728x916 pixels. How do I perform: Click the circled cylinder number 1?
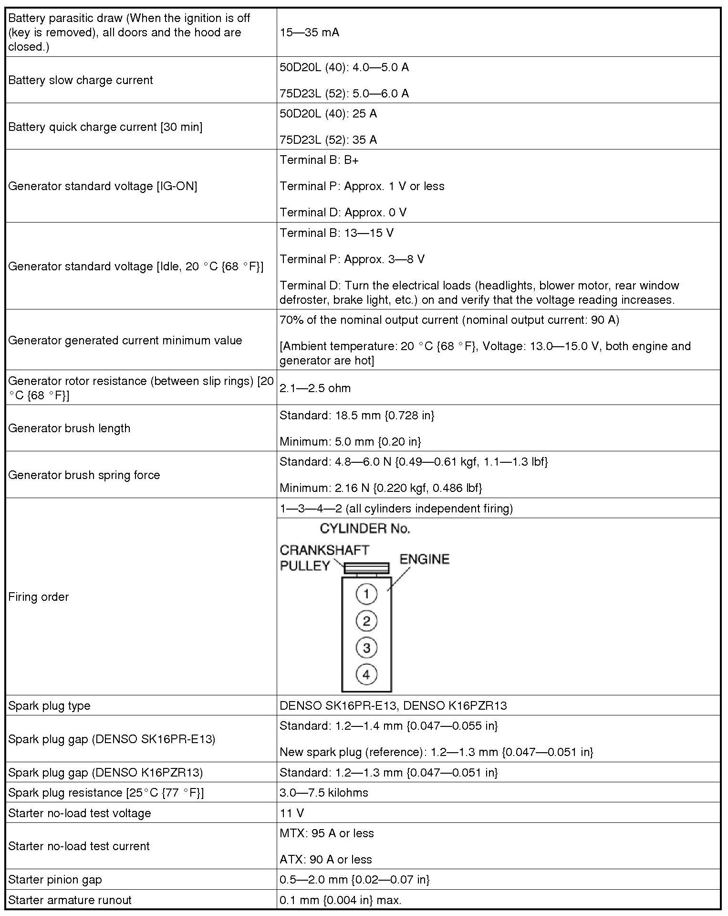(366, 594)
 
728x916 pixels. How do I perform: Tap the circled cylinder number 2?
(366, 621)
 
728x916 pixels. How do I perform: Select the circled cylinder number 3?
(366, 648)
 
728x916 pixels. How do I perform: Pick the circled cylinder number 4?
(366, 674)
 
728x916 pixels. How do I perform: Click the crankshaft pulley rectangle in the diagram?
(366, 568)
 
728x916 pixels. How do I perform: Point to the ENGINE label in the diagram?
(424, 559)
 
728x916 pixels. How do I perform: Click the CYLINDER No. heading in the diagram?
(364, 529)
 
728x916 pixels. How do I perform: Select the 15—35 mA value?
(309, 32)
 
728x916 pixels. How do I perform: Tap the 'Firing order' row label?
(38, 597)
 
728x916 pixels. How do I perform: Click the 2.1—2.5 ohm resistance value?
(315, 388)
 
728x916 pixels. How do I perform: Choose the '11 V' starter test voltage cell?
(291, 813)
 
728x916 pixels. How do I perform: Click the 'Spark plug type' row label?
(49, 705)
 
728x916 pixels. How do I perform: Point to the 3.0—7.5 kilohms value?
(323, 793)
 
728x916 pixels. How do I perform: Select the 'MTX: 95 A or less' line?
(326, 833)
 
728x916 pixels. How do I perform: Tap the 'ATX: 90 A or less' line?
(325, 859)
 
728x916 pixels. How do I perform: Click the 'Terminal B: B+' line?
(319, 160)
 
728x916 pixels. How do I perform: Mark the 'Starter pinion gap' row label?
(55, 879)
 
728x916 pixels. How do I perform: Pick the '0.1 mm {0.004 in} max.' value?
(340, 900)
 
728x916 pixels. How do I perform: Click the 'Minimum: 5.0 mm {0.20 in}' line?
(350, 441)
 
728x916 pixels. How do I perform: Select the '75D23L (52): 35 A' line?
(328, 139)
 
